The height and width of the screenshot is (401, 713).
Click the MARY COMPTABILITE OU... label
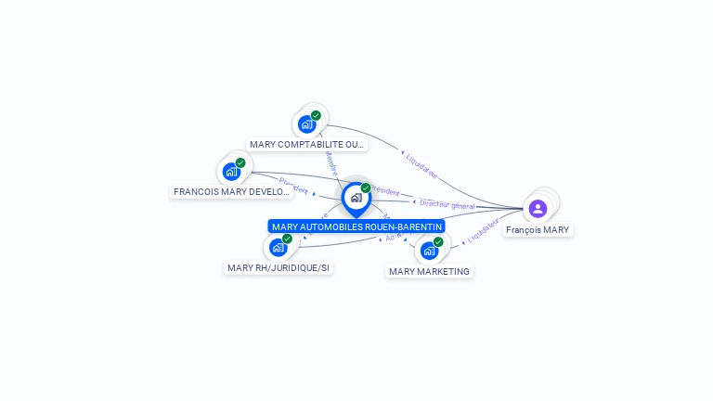click(x=307, y=145)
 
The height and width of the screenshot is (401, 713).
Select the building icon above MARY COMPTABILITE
click(x=306, y=124)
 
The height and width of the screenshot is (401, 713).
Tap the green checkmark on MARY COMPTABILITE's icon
click(x=316, y=116)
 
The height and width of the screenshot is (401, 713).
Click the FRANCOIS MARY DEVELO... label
click(x=232, y=192)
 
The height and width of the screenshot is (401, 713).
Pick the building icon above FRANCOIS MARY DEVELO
click(x=231, y=172)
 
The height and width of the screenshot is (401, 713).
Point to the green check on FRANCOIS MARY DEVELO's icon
click(x=240, y=163)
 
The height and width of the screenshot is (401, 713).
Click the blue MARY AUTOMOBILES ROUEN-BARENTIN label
click(x=356, y=226)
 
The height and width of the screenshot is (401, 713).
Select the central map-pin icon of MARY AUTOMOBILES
click(x=356, y=198)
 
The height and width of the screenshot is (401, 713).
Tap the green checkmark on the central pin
click(x=366, y=188)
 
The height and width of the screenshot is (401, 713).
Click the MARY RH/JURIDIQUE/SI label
click(x=279, y=268)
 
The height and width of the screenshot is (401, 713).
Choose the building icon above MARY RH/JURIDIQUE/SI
click(x=278, y=248)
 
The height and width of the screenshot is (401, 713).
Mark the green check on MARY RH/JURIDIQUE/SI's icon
click(x=287, y=239)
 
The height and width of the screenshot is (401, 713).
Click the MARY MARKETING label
click(x=430, y=272)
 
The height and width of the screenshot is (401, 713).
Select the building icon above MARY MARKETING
click(x=429, y=251)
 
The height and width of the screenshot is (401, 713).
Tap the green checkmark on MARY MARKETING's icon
click(x=438, y=242)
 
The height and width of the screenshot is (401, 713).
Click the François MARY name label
click(x=538, y=229)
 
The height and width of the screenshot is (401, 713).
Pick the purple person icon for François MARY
click(x=538, y=208)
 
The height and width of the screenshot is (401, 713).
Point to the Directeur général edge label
click(x=447, y=204)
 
